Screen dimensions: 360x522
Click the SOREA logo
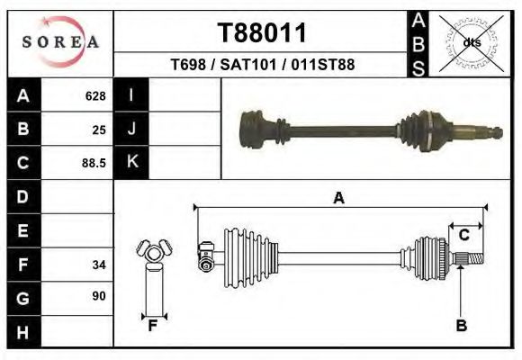pos(61,42)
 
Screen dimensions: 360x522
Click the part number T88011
pos(263,33)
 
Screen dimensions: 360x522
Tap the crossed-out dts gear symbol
pos(471,41)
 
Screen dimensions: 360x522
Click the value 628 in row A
pos(95,96)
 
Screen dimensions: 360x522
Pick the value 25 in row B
pos(99,130)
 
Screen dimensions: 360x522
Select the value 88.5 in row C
pos(94,163)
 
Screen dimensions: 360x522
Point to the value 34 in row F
pos(99,265)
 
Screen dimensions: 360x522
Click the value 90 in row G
pos(99,296)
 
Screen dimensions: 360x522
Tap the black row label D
pos(22,196)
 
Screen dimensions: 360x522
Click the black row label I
pos(131,95)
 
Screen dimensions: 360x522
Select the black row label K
pos(131,162)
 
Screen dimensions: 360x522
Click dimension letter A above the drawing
pos(339,198)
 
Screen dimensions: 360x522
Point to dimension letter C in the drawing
pos(464,235)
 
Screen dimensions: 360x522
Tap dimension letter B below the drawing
pos(461,327)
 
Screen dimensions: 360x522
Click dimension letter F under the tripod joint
pos(153,326)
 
